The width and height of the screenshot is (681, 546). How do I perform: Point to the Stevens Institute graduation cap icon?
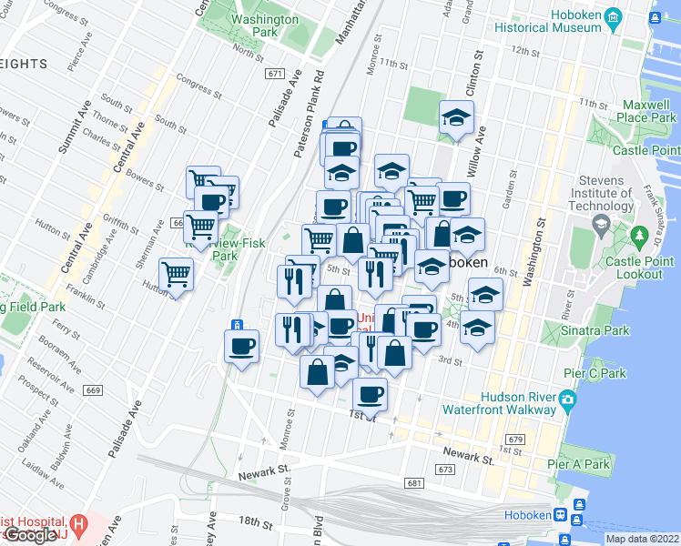pos(601,226)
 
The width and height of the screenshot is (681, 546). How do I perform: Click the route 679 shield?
pos(516,440)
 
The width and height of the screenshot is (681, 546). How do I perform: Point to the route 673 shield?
pos(445,469)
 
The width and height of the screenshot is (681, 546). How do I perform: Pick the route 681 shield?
pos(415,483)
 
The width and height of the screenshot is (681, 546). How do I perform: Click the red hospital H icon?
pos(79,525)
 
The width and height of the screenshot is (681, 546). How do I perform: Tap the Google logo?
pos(29,535)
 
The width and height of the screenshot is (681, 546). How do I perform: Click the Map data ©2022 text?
pos(642,539)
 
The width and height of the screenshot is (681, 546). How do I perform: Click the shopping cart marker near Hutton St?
pos(176,273)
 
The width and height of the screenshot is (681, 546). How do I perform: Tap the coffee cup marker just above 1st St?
pos(369,394)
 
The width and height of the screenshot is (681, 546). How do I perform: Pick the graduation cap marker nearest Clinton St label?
pos(456,117)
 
